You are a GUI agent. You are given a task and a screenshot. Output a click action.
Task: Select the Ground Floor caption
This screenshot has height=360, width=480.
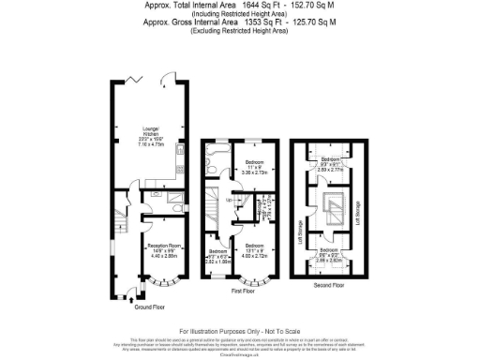click(151, 306)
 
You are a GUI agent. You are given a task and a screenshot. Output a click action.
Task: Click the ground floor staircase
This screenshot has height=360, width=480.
click(118, 225)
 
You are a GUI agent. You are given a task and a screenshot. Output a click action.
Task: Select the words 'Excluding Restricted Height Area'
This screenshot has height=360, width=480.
click(240, 32)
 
